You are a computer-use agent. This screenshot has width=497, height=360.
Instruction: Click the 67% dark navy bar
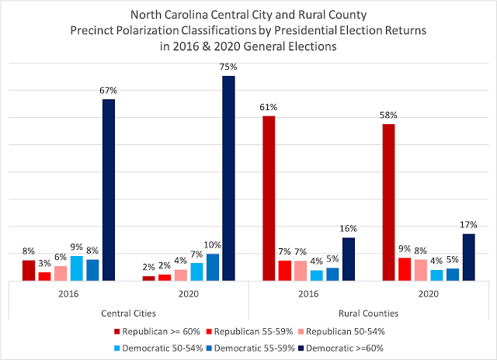point(109,189)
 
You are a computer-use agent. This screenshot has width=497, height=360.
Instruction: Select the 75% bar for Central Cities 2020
point(228,178)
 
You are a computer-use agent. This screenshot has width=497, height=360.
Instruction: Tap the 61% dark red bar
point(269,198)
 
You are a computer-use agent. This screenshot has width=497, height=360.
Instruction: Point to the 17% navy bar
point(468,257)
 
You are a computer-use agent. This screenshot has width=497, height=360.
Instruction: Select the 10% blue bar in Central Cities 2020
point(213,267)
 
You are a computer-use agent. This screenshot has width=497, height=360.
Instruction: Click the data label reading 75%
point(228,67)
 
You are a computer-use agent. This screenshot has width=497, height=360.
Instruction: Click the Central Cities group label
point(129,313)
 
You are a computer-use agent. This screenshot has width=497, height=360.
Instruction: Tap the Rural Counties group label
point(369,313)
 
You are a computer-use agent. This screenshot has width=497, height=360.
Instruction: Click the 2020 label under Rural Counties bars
point(429,295)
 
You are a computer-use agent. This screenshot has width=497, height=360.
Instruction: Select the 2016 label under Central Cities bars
point(68,295)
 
